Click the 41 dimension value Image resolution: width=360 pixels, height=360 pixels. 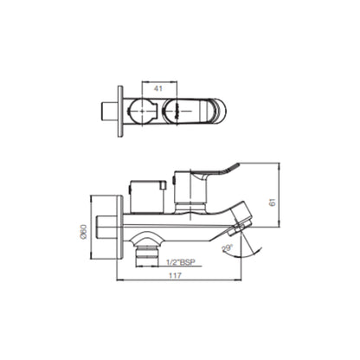coord(157,88)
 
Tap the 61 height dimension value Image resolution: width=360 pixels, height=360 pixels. coord(273,202)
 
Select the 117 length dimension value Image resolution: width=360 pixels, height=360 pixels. coord(175,275)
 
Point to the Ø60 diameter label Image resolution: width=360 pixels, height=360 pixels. coord(83,232)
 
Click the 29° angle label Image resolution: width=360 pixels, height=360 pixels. coord(228,248)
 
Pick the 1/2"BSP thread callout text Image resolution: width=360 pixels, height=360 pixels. coord(181,262)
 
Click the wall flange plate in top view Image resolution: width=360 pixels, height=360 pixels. coord(120,112)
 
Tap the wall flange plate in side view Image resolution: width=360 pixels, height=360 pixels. coord(120,228)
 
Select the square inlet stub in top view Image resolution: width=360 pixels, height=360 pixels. coord(110,112)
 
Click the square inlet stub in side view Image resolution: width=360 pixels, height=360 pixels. coord(106,228)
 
